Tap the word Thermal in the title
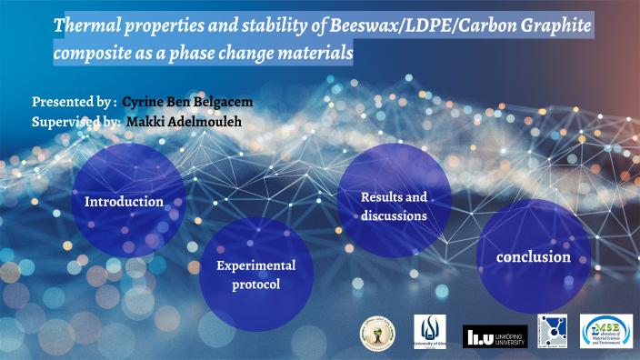point(87,26)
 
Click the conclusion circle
point(533,257)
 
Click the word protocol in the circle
point(255,285)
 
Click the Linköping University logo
point(495,335)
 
